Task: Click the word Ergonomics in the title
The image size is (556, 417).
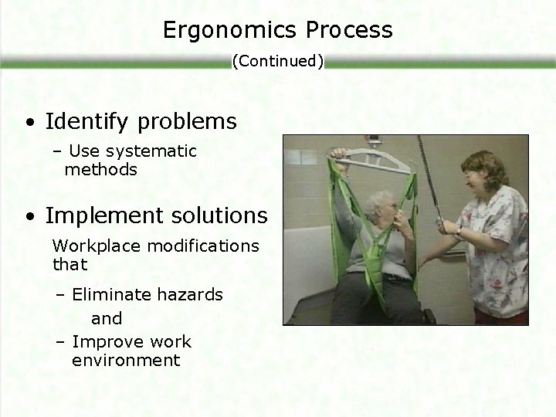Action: click(x=223, y=30)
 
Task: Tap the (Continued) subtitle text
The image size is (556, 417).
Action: click(x=278, y=61)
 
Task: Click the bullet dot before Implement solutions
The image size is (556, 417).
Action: click(x=28, y=216)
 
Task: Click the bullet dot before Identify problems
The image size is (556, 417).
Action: click(x=28, y=123)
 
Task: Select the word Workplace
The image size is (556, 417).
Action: click(x=88, y=246)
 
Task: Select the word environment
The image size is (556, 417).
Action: click(x=126, y=361)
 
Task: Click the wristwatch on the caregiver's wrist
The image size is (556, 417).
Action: click(x=459, y=229)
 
